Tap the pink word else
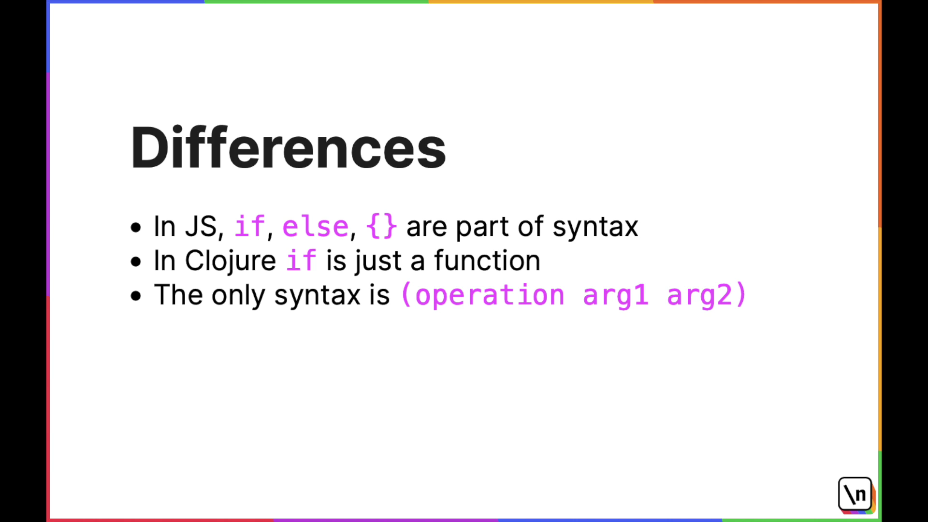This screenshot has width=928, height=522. pyautogui.click(x=316, y=226)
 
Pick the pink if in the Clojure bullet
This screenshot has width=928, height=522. pyautogui.click(x=302, y=260)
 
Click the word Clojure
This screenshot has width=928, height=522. pyautogui.click(x=230, y=261)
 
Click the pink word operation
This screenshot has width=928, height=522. pyautogui.click(x=490, y=295)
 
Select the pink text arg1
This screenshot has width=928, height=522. pyautogui.click(x=615, y=295)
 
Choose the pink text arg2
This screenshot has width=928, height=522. pyautogui.click(x=699, y=295)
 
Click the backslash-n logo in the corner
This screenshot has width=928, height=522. pyautogui.click(x=855, y=494)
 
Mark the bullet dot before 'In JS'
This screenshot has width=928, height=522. pyautogui.click(x=136, y=227)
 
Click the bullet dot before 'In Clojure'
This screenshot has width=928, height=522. pyautogui.click(x=136, y=261)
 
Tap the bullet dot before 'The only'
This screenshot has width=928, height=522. pyautogui.click(x=136, y=296)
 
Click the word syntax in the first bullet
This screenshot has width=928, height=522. pyautogui.click(x=595, y=227)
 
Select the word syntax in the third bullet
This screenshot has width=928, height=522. pyautogui.click(x=317, y=296)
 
